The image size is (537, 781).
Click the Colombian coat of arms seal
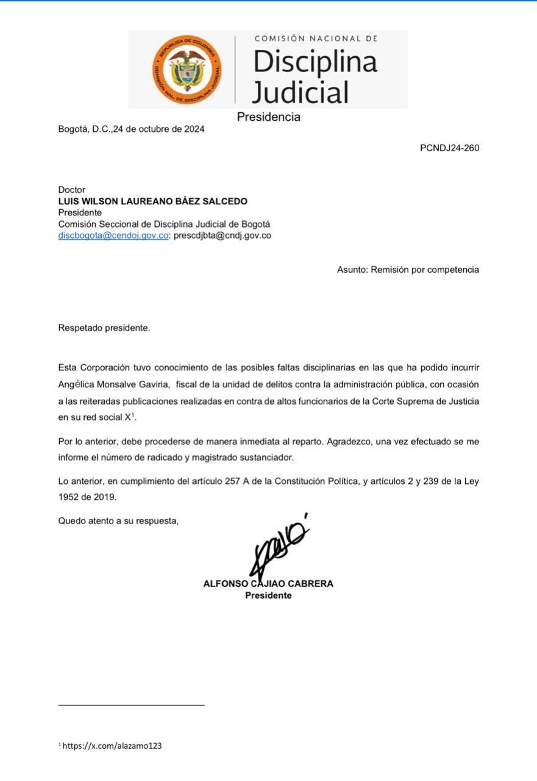point(187,70)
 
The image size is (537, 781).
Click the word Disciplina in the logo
point(315,62)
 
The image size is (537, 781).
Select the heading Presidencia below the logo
point(268,117)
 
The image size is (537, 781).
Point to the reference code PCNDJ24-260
point(449,148)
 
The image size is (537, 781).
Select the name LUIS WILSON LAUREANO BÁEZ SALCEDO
point(152,201)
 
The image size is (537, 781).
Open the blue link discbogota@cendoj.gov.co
point(113,236)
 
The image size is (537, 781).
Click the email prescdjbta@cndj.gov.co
point(222,236)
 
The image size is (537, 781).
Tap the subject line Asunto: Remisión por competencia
point(408,270)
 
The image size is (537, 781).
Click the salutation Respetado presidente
point(104,328)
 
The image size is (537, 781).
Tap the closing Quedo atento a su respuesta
point(118,521)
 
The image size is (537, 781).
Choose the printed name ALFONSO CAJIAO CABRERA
point(268,584)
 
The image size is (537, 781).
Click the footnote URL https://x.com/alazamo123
point(112,746)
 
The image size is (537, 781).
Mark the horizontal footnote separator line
point(131,705)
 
